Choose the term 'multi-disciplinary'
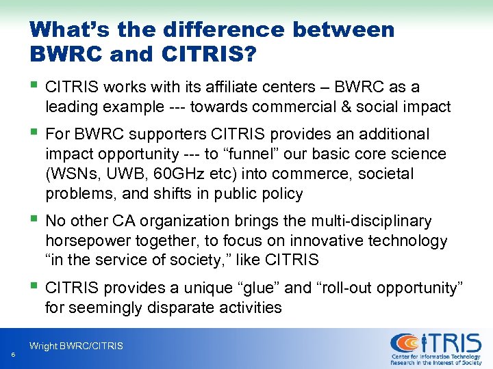372,221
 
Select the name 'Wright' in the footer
42,346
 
